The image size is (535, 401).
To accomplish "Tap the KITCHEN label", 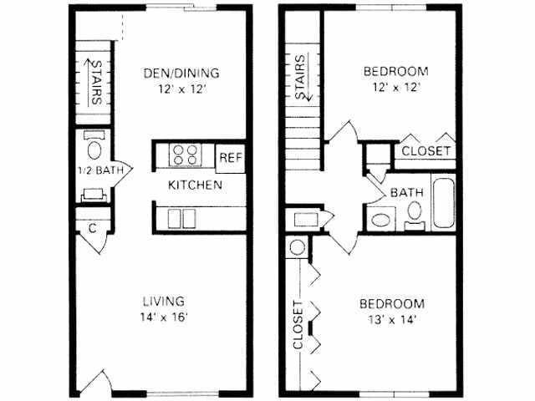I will tap(195, 185).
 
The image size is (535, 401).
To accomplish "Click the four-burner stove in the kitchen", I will tap(186, 155).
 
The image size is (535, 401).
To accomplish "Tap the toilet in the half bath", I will tap(94, 148).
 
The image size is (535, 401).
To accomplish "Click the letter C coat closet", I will tap(91, 226).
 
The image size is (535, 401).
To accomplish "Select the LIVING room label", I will tap(163, 301).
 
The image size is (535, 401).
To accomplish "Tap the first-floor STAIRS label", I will tap(95, 81).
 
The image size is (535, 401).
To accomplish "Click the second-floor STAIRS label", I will tap(299, 78).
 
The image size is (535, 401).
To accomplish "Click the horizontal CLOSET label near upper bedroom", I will tap(426, 151).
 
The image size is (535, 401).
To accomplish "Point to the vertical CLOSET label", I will tap(297, 325).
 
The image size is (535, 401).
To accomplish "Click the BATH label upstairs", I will tap(408, 192).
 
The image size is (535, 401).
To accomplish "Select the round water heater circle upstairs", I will tap(297, 248).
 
